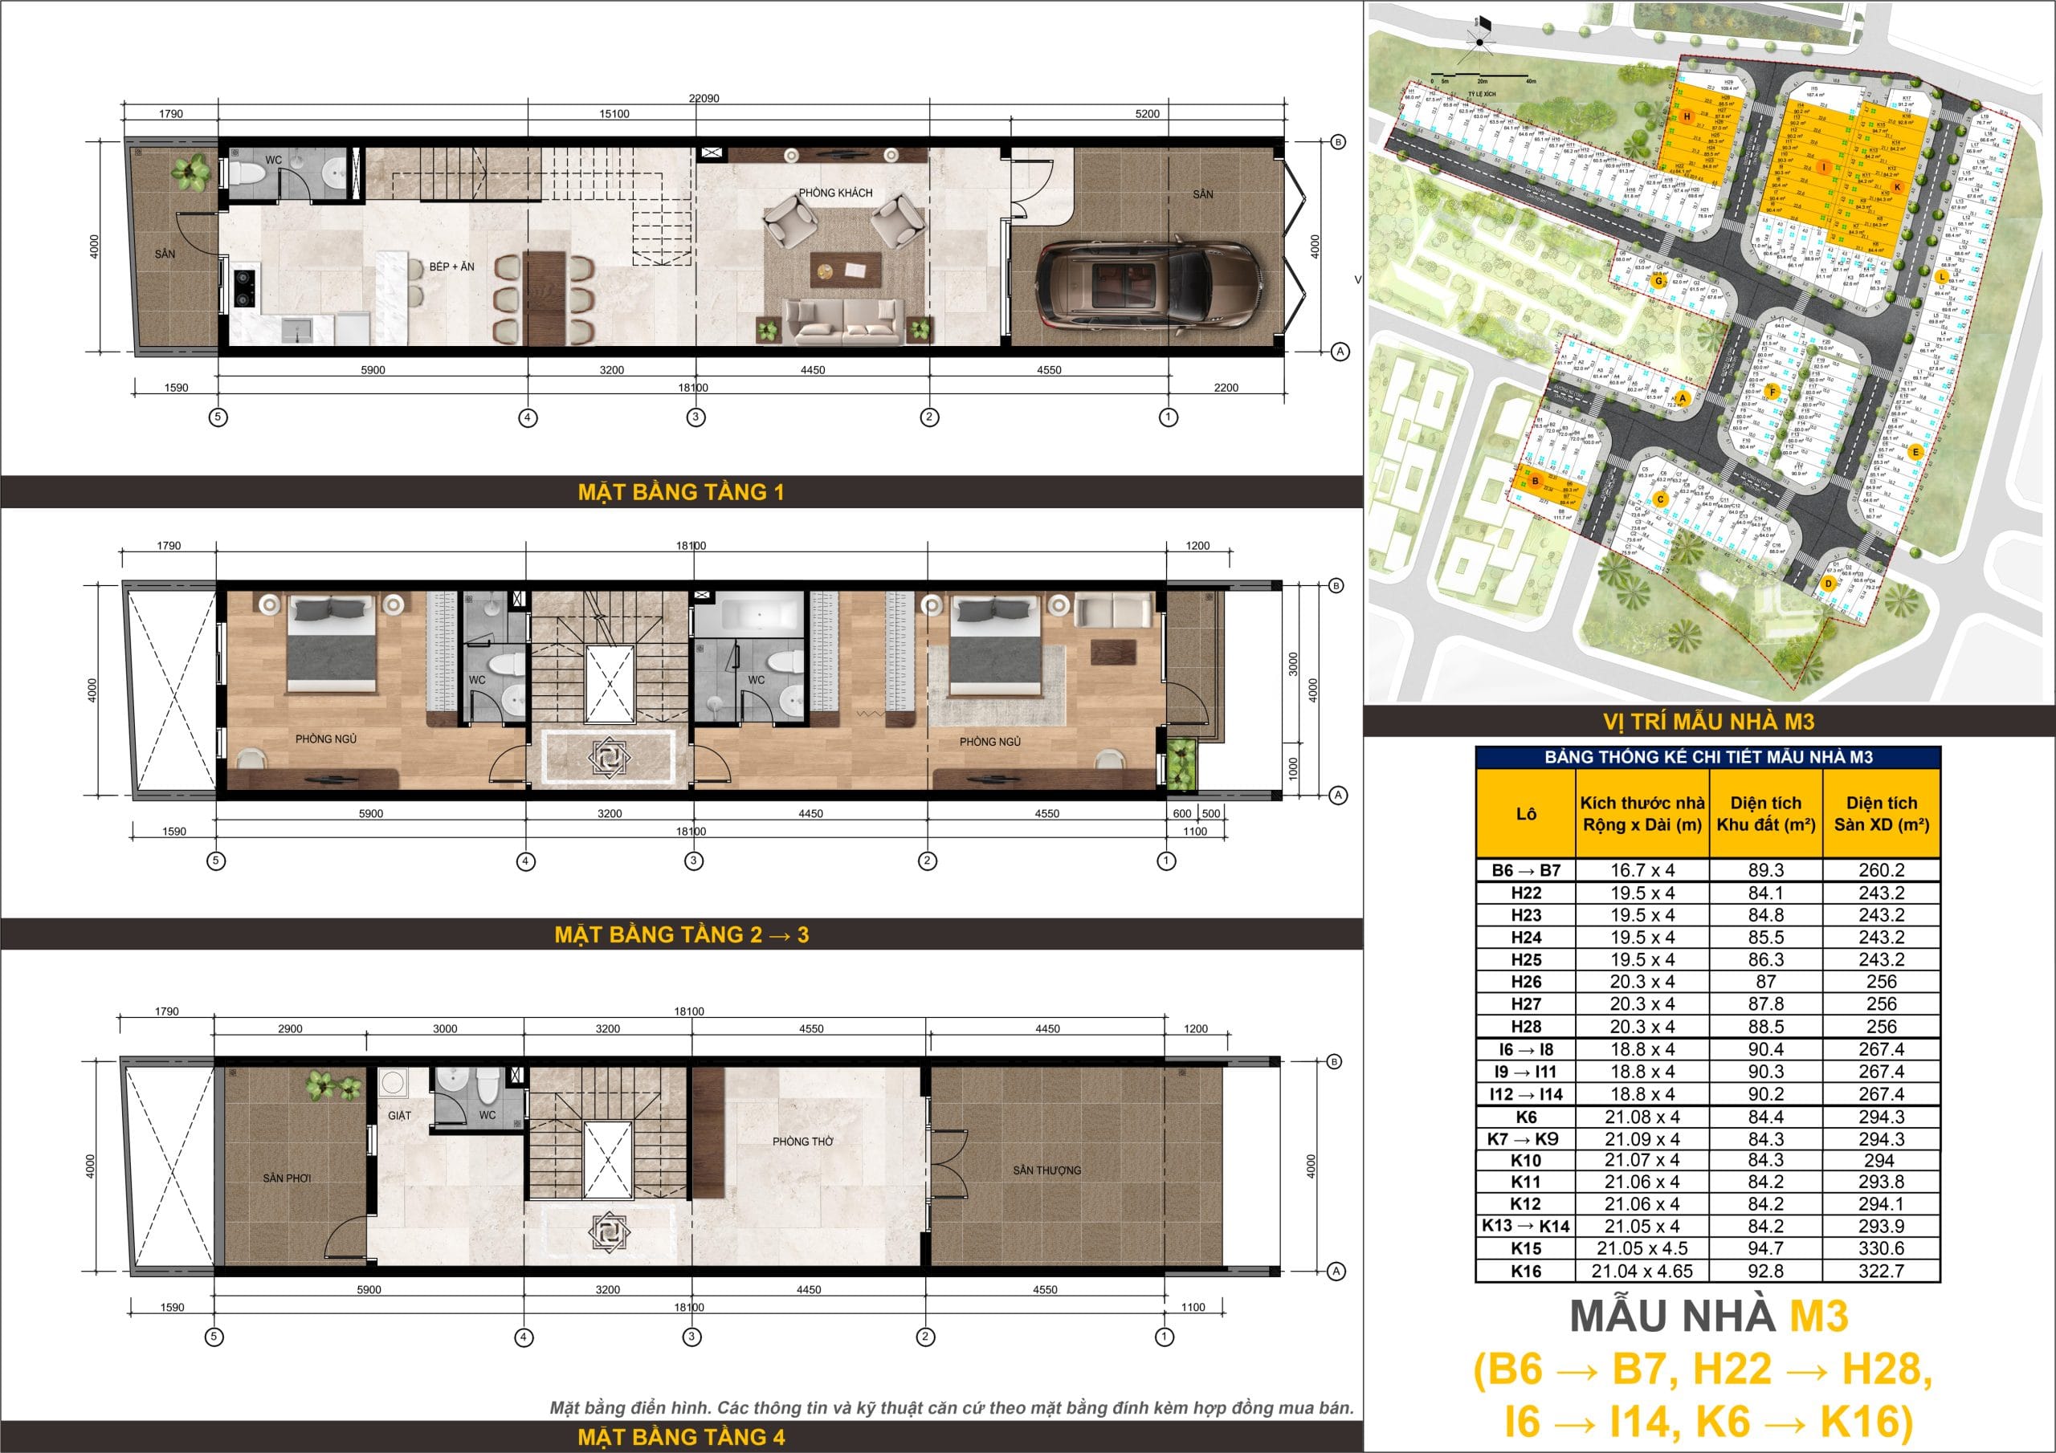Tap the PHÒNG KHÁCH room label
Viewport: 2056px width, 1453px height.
coord(834,193)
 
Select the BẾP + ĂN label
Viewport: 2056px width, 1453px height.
coord(451,267)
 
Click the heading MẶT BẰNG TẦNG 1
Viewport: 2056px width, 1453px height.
coord(680,491)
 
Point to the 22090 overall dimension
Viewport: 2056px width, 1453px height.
coord(704,99)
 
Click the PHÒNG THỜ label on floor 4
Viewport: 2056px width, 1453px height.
coord(802,1142)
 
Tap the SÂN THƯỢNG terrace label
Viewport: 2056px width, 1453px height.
coord(1046,1170)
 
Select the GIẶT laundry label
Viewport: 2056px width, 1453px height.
coord(399,1116)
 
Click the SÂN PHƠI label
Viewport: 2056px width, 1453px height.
coord(287,1178)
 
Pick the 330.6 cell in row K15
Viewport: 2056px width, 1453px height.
coord(1882,1249)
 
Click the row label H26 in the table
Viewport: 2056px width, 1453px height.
coord(1526,982)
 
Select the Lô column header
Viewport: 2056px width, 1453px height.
coord(1526,814)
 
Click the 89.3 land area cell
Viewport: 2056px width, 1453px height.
coord(1766,870)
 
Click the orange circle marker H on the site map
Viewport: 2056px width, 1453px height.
coord(1687,117)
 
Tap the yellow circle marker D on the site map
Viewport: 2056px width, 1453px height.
coord(1829,583)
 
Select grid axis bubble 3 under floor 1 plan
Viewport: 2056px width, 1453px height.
coord(696,417)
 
